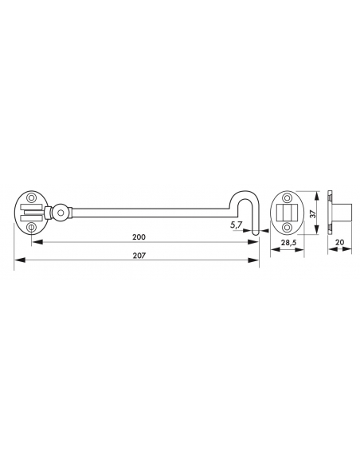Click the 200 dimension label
coord(139,237)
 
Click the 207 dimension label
coord(139,255)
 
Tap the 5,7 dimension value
coord(236,225)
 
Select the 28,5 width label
coord(288,243)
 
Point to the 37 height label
coord(312,213)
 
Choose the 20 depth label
coord(340,242)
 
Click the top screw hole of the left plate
coord(30,197)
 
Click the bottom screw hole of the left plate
coord(31,228)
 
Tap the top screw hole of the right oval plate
coord(287,197)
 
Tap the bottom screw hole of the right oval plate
coord(287,228)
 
